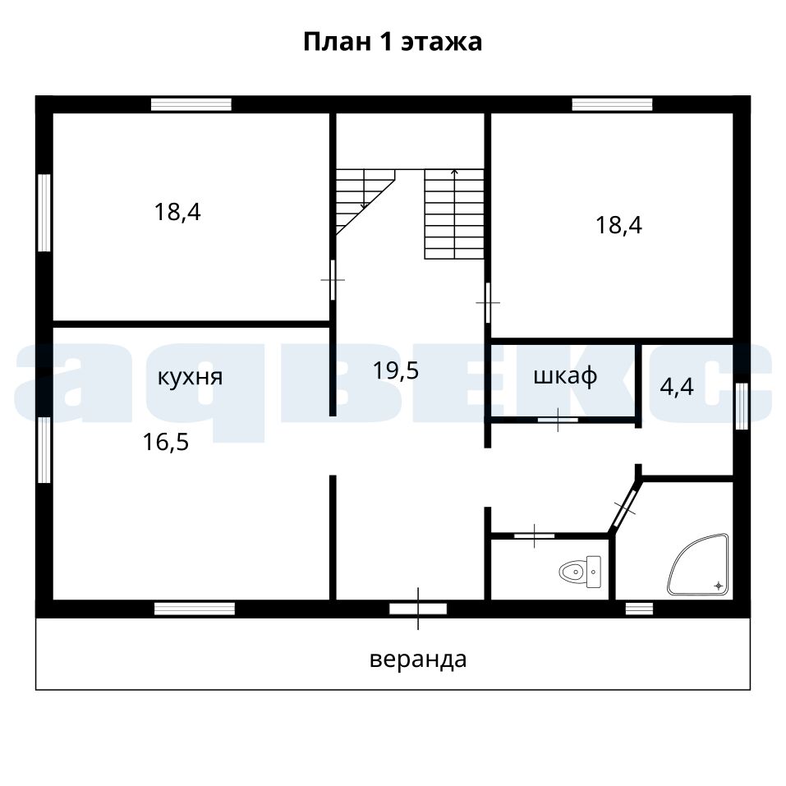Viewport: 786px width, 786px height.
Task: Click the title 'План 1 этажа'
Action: (x=393, y=42)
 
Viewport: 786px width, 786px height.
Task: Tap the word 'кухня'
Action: (x=190, y=378)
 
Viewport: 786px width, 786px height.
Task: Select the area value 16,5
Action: (x=166, y=442)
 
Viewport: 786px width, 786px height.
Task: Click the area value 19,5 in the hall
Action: (x=396, y=370)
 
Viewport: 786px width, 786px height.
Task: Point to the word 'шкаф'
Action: (x=565, y=375)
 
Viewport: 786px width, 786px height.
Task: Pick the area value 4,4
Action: (x=677, y=387)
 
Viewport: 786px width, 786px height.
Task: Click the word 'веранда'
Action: (x=418, y=660)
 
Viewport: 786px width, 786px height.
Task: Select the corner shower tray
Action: (x=698, y=564)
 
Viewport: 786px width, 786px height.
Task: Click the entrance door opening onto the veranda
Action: (x=418, y=609)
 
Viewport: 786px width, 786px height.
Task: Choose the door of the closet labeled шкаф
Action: (x=558, y=420)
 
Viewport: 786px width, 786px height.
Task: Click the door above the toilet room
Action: (x=535, y=535)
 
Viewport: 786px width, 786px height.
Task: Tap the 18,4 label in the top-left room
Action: (x=177, y=212)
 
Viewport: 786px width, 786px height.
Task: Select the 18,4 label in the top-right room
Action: (x=618, y=224)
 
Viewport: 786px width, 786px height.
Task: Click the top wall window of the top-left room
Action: (x=191, y=104)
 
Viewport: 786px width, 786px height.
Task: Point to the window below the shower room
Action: (x=639, y=609)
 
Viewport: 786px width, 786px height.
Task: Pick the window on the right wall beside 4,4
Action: (x=742, y=406)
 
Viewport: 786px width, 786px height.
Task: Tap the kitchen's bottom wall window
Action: (x=195, y=609)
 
